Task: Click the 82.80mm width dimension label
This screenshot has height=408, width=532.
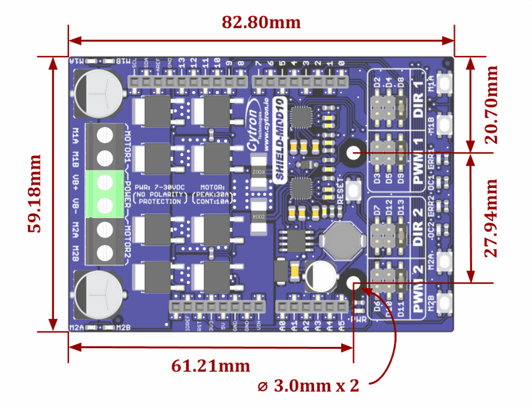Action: [261, 23]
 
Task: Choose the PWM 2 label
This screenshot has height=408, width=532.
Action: [417, 289]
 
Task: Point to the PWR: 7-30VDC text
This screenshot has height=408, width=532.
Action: [160, 188]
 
